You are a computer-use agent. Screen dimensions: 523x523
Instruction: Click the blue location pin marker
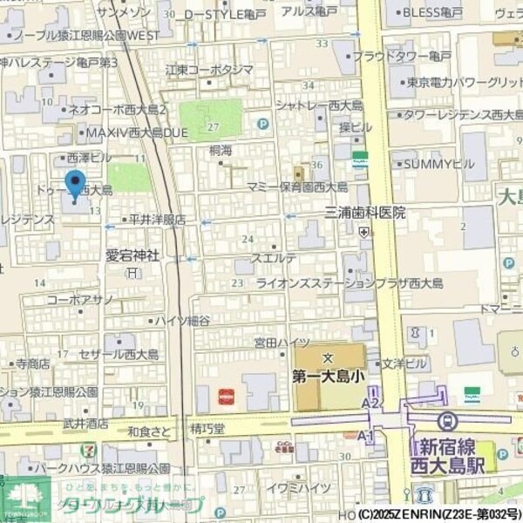tap(76, 186)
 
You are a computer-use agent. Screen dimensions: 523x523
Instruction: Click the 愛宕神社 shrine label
tap(132, 255)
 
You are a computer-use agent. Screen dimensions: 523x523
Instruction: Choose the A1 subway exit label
tap(366, 434)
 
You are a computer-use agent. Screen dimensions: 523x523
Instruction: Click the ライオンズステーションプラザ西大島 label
tap(349, 283)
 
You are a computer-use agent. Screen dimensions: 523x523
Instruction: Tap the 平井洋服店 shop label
tap(157, 220)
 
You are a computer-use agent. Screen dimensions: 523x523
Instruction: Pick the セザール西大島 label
tap(119, 355)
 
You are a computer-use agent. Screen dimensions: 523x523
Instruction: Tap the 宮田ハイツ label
tap(282, 343)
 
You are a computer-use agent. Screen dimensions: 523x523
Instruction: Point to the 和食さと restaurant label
tap(149, 430)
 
